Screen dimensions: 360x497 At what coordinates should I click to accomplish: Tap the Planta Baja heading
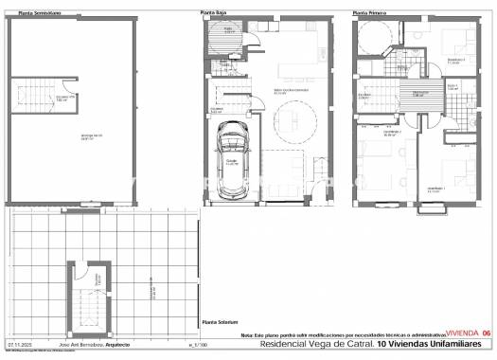pyautogui.click(x=211, y=12)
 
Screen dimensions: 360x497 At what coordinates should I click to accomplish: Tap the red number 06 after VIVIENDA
pyautogui.click(x=486, y=333)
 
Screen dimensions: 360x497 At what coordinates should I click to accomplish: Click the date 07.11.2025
pyautogui.click(x=21, y=346)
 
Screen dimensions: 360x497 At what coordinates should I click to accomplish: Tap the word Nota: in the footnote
pyautogui.click(x=246, y=335)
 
